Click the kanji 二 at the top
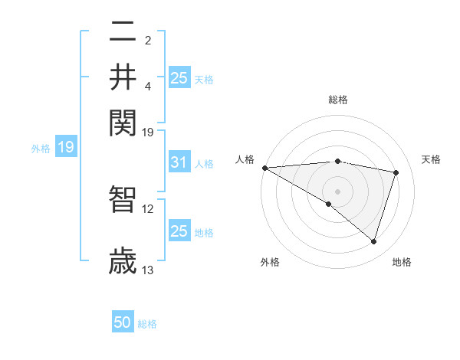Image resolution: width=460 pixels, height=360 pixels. click(123, 32)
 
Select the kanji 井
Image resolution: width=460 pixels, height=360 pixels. click(123, 77)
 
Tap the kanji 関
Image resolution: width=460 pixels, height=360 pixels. click(123, 120)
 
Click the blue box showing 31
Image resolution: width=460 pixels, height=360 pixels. click(179, 162)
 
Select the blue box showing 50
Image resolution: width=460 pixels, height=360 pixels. click(123, 322)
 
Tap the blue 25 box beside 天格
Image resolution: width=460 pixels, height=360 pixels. click(179, 77)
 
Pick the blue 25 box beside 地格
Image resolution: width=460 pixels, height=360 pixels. click(179, 231)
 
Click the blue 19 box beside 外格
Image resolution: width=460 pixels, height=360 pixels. click(65, 147)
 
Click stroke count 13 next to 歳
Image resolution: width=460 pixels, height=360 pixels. click(148, 270)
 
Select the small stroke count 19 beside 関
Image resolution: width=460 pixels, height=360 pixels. click(148, 132)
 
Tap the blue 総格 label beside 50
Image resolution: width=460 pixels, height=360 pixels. click(147, 324)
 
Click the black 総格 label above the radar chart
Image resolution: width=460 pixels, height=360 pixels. click(337, 100)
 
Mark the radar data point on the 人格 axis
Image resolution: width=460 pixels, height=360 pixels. click(264, 168)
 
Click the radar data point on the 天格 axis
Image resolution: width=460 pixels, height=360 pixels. click(396, 172)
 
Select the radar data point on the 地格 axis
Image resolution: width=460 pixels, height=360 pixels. click(373, 241)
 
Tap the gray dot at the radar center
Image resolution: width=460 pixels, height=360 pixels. click(337, 191)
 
